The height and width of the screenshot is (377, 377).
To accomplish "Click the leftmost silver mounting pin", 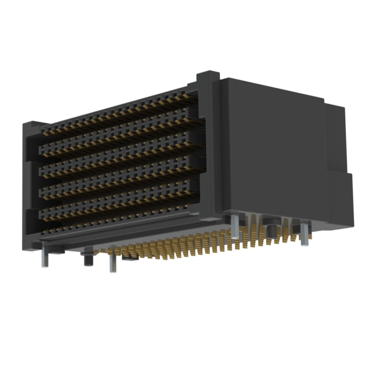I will click(x=44, y=258).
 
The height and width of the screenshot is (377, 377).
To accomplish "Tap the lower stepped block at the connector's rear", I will click(x=339, y=197).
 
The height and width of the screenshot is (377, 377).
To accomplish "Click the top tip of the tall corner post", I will click(x=208, y=75).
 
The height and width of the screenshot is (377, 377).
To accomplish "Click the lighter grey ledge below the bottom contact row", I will click(x=118, y=236).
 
